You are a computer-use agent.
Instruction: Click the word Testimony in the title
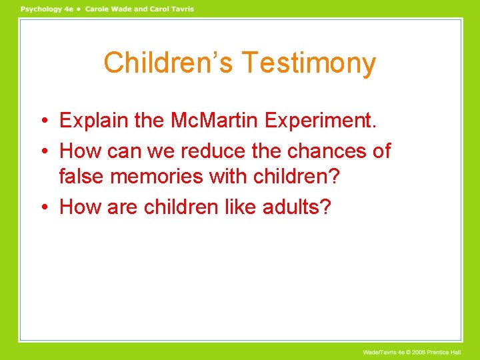click(x=309, y=63)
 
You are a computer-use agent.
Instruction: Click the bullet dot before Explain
click(x=43, y=121)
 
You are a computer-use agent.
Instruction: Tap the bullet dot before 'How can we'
click(x=43, y=151)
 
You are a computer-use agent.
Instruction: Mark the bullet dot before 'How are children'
click(x=43, y=207)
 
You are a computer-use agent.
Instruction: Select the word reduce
click(x=214, y=151)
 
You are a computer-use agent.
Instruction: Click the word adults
click(x=294, y=207)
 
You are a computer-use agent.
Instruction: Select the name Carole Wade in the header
click(x=105, y=9)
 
